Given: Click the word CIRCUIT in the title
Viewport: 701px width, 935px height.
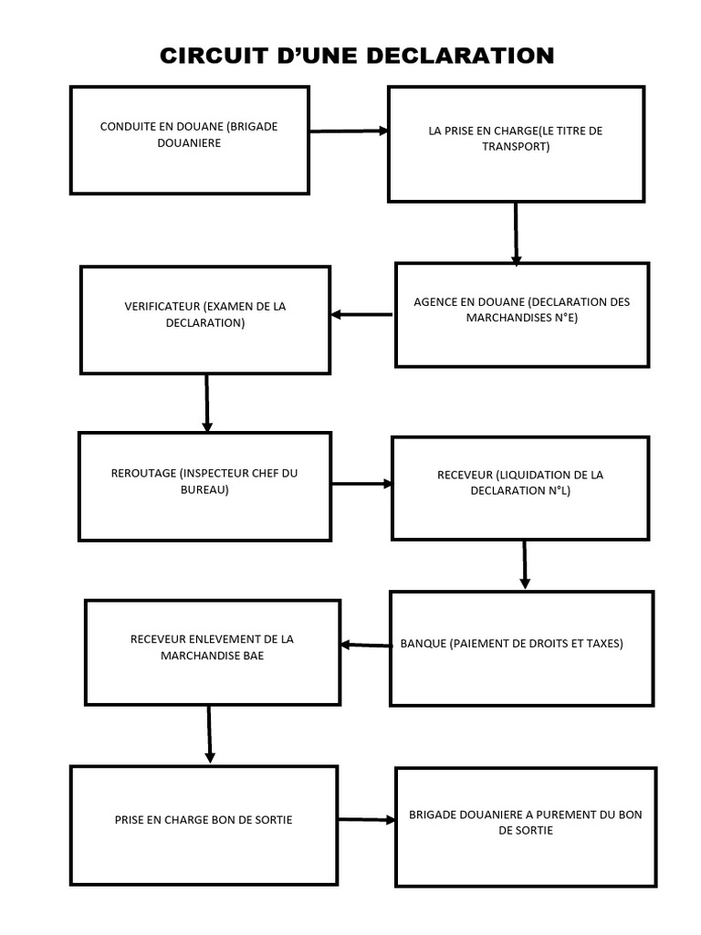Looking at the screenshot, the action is pyautogui.click(x=214, y=56).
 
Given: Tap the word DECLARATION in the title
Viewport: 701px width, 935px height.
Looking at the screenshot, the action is pyautogui.click(x=460, y=56).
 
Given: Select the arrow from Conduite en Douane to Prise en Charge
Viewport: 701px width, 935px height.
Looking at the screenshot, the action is pyautogui.click(x=349, y=131).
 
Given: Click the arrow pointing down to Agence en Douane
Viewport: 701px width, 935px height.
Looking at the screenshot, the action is pyautogui.click(x=516, y=234).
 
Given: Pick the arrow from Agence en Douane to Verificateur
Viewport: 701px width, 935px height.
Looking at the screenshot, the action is pyautogui.click(x=361, y=314).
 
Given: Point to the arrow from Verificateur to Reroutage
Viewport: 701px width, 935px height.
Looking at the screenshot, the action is pyautogui.click(x=207, y=403).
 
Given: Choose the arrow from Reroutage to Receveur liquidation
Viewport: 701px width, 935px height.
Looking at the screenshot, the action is pyautogui.click(x=361, y=484).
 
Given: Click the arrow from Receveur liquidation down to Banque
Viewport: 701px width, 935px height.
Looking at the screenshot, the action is pyautogui.click(x=525, y=564).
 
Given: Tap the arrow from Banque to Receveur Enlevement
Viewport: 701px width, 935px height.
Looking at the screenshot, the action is pyautogui.click(x=366, y=645).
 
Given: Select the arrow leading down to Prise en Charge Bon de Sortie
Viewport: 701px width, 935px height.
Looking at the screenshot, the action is pyautogui.click(x=209, y=734).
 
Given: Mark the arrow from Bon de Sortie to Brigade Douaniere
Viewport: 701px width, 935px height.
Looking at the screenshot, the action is pyautogui.click(x=367, y=820).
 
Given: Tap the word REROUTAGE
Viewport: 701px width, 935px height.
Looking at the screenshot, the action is pyautogui.click(x=143, y=474).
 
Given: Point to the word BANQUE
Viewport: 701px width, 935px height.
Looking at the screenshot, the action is pyautogui.click(x=423, y=644).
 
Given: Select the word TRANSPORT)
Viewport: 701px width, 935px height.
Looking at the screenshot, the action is pyautogui.click(x=517, y=147).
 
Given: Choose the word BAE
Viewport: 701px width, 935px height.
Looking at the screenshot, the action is pyautogui.click(x=254, y=656).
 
